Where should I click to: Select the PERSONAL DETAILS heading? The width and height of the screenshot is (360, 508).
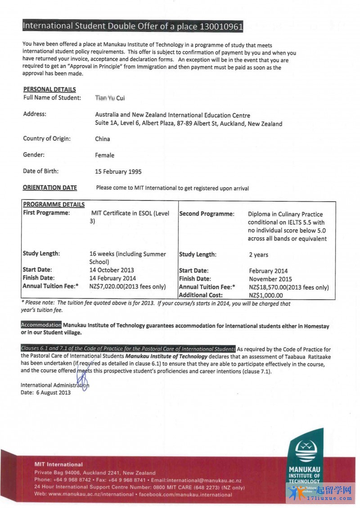(x=49, y=89)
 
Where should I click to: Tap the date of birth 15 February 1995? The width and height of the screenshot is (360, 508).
(x=118, y=171)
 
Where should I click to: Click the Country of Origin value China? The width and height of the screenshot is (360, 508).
(x=103, y=139)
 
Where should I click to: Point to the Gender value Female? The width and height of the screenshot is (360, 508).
(x=104, y=155)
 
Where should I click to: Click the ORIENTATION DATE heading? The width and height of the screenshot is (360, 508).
(x=50, y=188)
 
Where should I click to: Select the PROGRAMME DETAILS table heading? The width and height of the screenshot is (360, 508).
(x=54, y=205)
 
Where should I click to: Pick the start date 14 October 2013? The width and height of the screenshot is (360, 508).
(x=112, y=270)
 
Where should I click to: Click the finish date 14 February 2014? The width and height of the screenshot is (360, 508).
(x=112, y=278)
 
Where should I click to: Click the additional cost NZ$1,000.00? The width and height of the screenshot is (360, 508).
(x=266, y=295)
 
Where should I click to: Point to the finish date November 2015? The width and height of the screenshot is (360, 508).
(x=270, y=279)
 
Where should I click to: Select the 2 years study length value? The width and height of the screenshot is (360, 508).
(x=258, y=255)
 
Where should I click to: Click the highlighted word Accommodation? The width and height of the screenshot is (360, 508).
(x=41, y=325)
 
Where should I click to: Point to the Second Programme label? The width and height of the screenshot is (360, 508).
(x=207, y=214)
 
